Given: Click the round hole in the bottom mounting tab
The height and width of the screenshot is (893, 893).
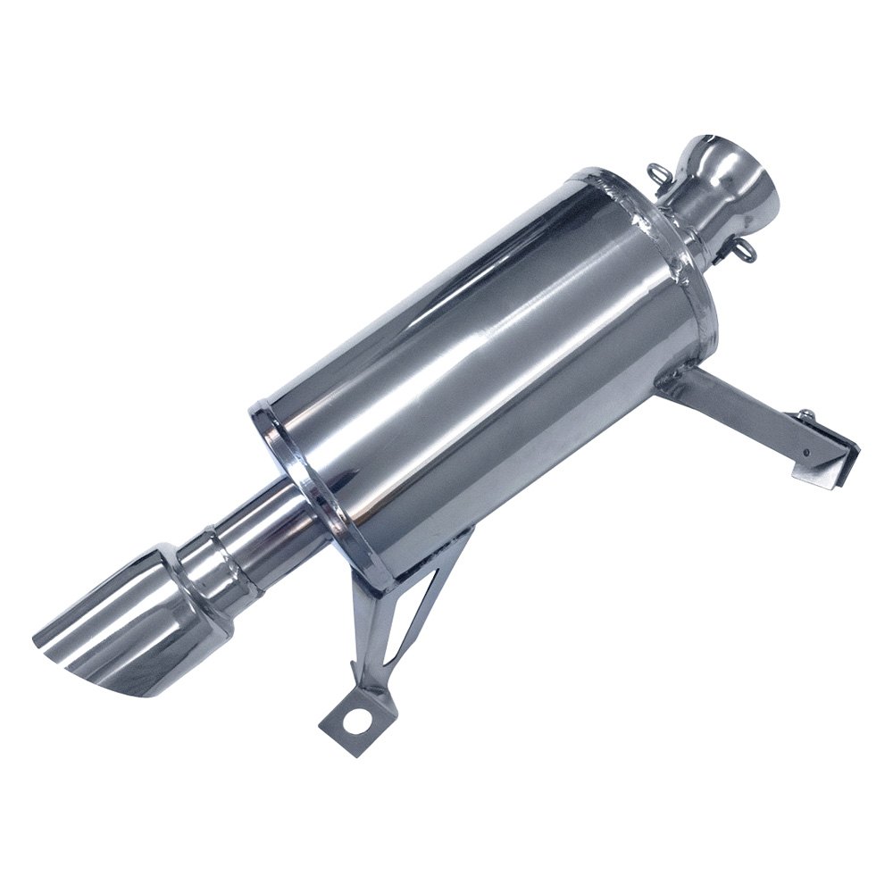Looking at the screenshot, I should (357, 721).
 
